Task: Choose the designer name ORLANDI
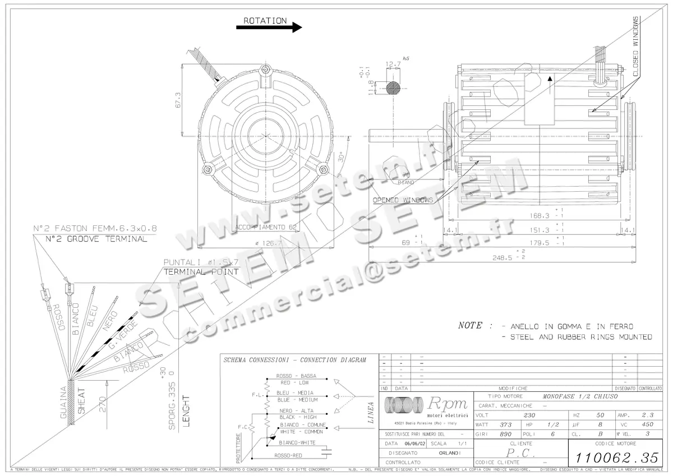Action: [x=450, y=452]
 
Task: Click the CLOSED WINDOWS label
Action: [x=636, y=47]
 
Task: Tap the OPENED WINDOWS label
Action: [x=403, y=200]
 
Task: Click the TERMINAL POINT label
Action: [x=201, y=271]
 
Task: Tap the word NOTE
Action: [x=469, y=325]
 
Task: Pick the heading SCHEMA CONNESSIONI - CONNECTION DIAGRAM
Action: [x=294, y=359]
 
